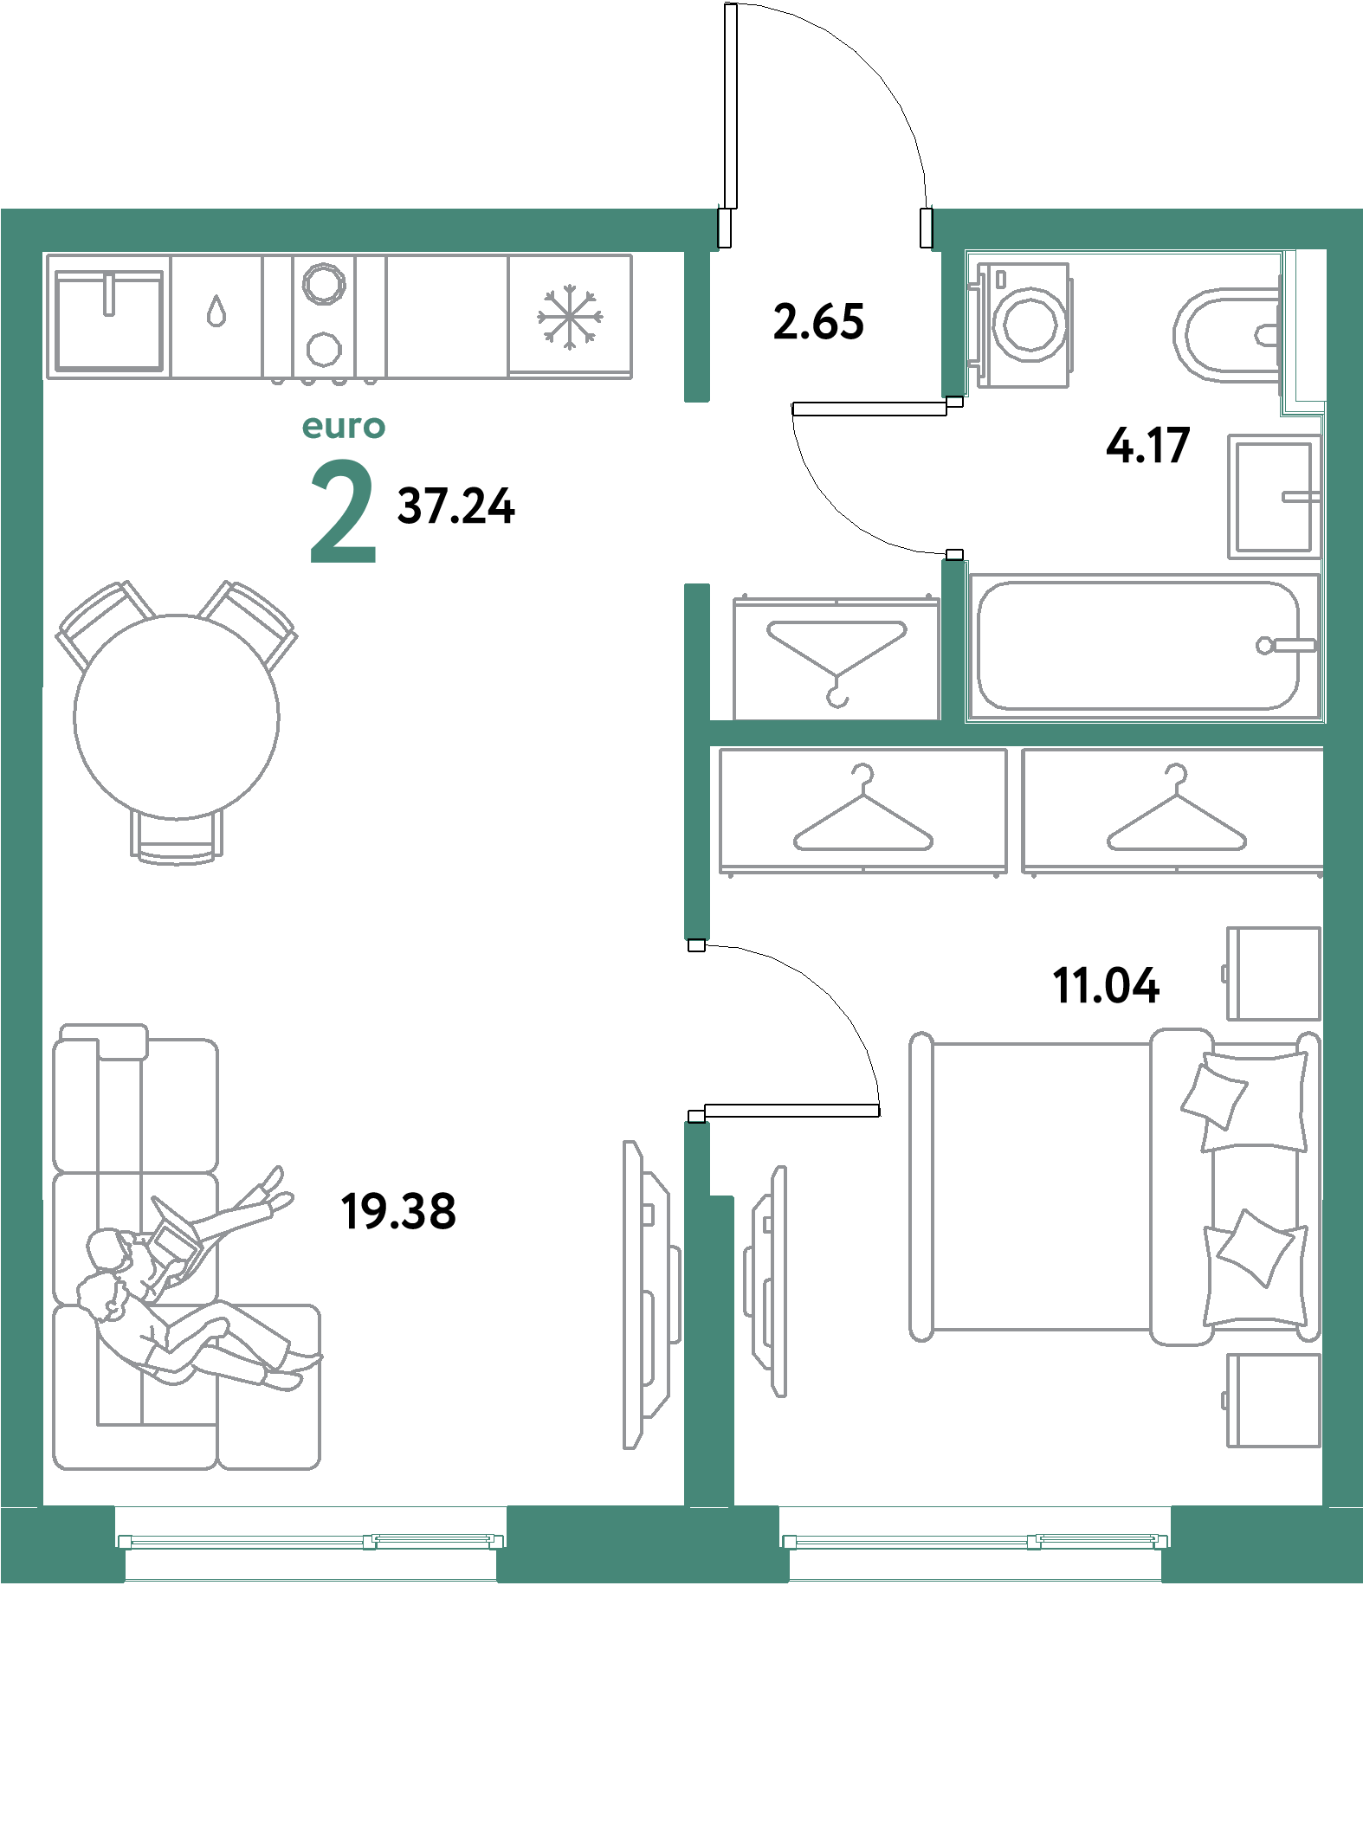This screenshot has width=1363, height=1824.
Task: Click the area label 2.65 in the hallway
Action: [x=818, y=322]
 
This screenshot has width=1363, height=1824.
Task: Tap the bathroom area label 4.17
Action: [x=1148, y=446]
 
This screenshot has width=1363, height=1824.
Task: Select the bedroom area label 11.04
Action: [x=1106, y=986]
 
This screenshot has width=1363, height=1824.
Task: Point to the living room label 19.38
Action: [x=398, y=1211]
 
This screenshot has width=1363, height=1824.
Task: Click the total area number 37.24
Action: [x=455, y=506]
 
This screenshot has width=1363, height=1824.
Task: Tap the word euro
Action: [x=344, y=427]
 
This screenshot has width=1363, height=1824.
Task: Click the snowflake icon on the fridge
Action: [x=569, y=317]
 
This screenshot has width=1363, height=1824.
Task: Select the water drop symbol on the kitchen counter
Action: [x=216, y=311]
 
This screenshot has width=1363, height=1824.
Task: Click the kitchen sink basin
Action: [x=109, y=321]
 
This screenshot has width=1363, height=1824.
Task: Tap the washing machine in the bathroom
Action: [x=1024, y=325]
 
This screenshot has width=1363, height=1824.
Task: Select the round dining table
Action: [x=177, y=717]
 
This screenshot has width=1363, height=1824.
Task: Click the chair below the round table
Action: [x=177, y=838]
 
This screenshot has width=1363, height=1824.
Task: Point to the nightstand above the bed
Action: [x=1273, y=974]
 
